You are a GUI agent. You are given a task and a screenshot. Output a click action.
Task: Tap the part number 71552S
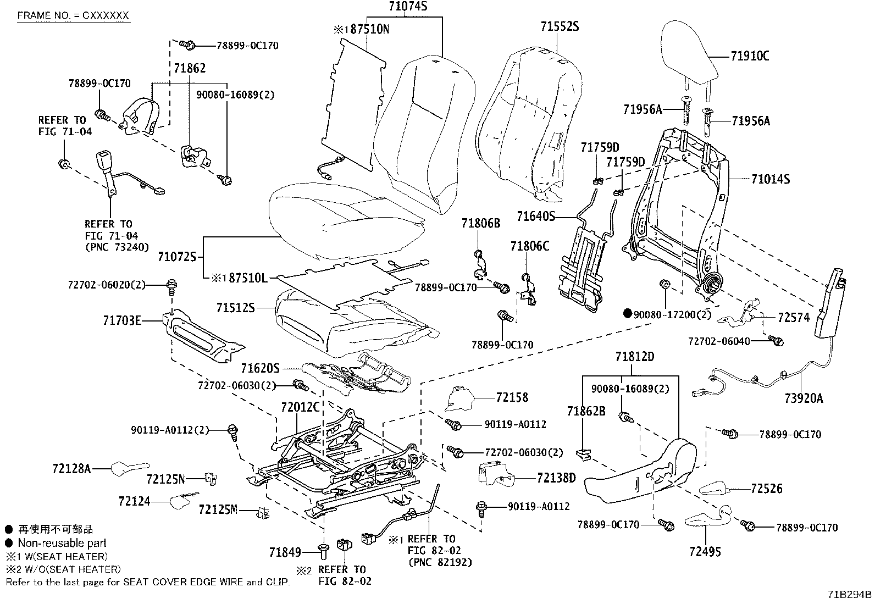pyautogui.click(x=560, y=26)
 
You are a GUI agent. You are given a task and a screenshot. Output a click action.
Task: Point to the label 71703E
pyautogui.click(x=122, y=321)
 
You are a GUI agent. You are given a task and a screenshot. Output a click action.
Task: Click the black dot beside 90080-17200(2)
pyautogui.click(x=627, y=313)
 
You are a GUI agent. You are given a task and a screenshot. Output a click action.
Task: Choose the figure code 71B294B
pyautogui.click(x=849, y=595)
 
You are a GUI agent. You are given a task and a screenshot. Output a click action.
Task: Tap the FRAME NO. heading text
pyautogui.click(x=73, y=15)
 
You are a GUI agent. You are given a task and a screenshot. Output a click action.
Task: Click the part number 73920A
pyautogui.click(x=804, y=398)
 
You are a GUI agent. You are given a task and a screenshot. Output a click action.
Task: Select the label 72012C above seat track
pyautogui.click(x=300, y=407)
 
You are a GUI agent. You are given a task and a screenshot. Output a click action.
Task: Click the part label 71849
pyautogui.click(x=285, y=552)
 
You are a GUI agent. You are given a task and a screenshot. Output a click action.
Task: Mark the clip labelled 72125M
pyautogui.click(x=263, y=513)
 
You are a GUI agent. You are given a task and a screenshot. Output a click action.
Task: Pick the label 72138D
pyautogui.click(x=556, y=478)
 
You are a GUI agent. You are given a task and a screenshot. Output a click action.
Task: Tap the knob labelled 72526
pyautogui.click(x=714, y=489)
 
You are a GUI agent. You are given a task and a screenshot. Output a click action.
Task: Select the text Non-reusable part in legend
pyautogui.click(x=62, y=542)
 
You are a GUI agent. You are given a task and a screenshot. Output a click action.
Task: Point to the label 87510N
pyautogui.click(x=369, y=29)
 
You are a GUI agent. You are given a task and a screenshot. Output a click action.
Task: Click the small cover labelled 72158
pyautogui.click(x=459, y=398)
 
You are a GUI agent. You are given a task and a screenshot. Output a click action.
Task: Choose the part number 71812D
pyautogui.click(x=635, y=357)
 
